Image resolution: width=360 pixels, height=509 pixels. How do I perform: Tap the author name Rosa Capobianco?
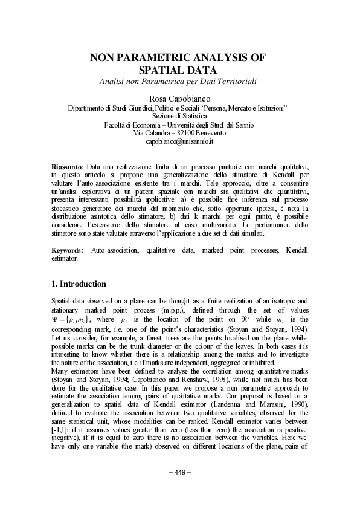179,98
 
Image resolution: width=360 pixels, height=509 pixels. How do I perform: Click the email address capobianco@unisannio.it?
180,141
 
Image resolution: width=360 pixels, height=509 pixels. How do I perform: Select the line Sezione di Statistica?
180,116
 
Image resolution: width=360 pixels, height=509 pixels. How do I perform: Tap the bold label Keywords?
67,250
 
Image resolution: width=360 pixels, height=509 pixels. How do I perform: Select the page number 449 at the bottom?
179,472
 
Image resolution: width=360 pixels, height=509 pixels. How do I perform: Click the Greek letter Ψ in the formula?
56,320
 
